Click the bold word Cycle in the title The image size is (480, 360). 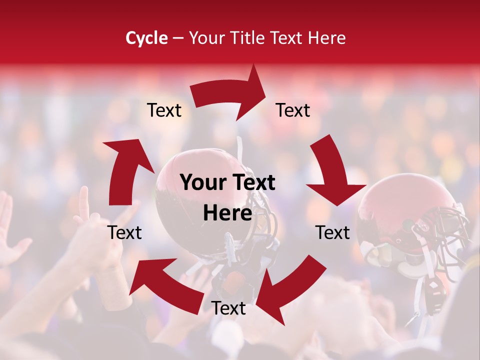pyautogui.click(x=146, y=38)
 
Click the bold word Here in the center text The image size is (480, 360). pyautogui.click(x=227, y=213)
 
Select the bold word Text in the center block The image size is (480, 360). pyautogui.click(x=252, y=183)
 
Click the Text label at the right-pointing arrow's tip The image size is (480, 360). pyautogui.click(x=293, y=110)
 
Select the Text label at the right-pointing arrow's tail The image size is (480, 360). pyautogui.click(x=164, y=110)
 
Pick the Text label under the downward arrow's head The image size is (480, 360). pyautogui.click(x=332, y=232)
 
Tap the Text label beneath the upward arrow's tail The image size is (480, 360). pyautogui.click(x=125, y=232)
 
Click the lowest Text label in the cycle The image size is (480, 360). pyautogui.click(x=228, y=308)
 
